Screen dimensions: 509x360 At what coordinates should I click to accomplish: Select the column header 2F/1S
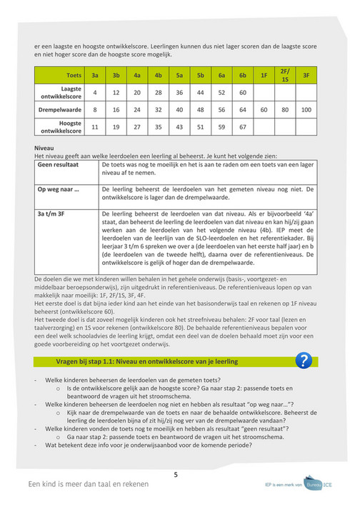click(x=285, y=74)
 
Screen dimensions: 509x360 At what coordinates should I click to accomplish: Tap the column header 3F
click(x=306, y=74)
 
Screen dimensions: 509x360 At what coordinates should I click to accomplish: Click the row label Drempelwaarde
click(x=60, y=110)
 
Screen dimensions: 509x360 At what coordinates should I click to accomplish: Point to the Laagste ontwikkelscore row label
click(x=60, y=92)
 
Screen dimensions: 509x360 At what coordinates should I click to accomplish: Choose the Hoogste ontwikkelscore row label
click(x=60, y=127)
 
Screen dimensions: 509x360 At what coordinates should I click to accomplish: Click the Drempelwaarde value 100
click(x=306, y=110)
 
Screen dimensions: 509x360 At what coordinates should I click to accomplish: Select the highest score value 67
click(x=243, y=127)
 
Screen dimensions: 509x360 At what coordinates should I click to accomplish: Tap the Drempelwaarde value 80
click(x=285, y=110)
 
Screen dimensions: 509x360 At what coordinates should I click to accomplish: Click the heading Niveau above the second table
click(x=44, y=148)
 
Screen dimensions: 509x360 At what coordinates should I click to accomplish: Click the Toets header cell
click(x=73, y=74)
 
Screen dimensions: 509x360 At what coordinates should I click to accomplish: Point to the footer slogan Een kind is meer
click(x=89, y=483)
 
